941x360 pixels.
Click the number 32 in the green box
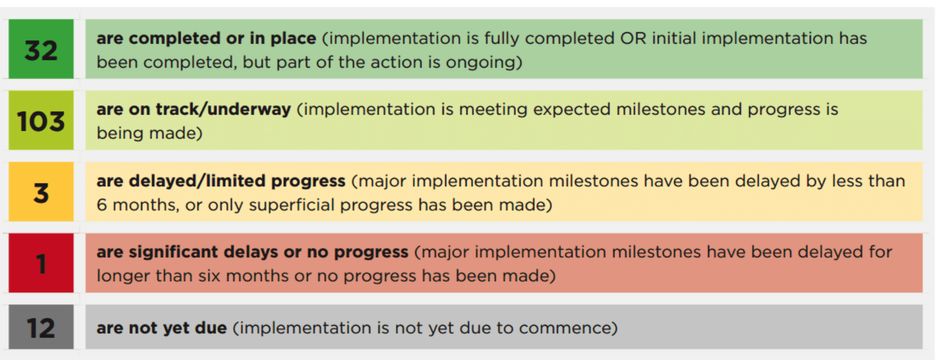click(41, 51)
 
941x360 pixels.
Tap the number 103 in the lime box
click(41, 121)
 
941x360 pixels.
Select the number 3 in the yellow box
click(41, 193)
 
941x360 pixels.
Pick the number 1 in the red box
click(41, 264)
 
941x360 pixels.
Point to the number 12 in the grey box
click(41, 328)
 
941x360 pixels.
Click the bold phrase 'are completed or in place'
click(206, 38)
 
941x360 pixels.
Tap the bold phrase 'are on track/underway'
click(194, 109)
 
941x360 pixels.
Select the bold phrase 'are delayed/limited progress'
click(221, 181)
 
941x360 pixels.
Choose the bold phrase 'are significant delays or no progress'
click(252, 252)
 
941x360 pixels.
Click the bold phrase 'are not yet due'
click(162, 328)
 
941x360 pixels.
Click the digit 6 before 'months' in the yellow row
click(102, 205)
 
